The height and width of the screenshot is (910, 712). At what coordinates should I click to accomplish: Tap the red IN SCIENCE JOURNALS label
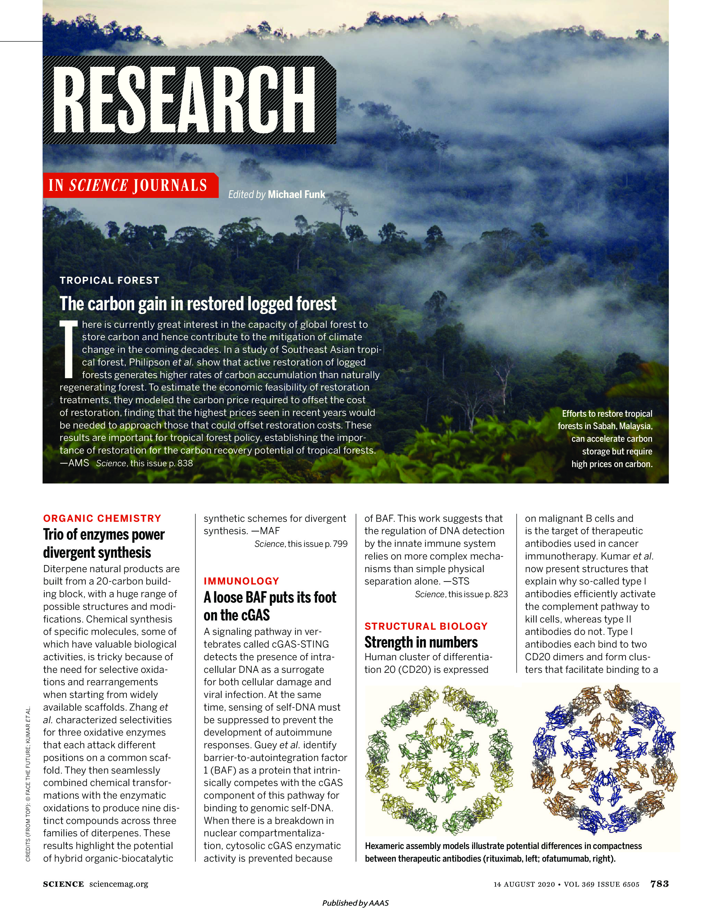pyautogui.click(x=128, y=185)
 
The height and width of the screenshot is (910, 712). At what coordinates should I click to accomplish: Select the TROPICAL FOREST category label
pyautogui.click(x=110, y=280)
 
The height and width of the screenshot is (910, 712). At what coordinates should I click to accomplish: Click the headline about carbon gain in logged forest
pyautogui.click(x=198, y=304)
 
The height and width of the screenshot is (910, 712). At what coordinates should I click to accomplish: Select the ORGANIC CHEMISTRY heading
pyautogui.click(x=102, y=518)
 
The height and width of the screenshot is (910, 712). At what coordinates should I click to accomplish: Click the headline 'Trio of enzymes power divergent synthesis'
pyautogui.click(x=104, y=543)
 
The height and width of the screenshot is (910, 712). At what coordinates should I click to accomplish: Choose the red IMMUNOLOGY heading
pyautogui.click(x=241, y=581)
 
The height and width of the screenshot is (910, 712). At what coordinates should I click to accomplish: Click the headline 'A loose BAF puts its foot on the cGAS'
pyautogui.click(x=270, y=606)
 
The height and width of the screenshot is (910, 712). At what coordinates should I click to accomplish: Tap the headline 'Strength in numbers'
pyautogui.click(x=421, y=642)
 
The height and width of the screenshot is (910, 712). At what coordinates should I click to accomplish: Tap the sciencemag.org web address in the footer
pyautogui.click(x=119, y=884)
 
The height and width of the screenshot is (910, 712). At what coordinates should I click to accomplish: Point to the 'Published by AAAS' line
pyautogui.click(x=355, y=903)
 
